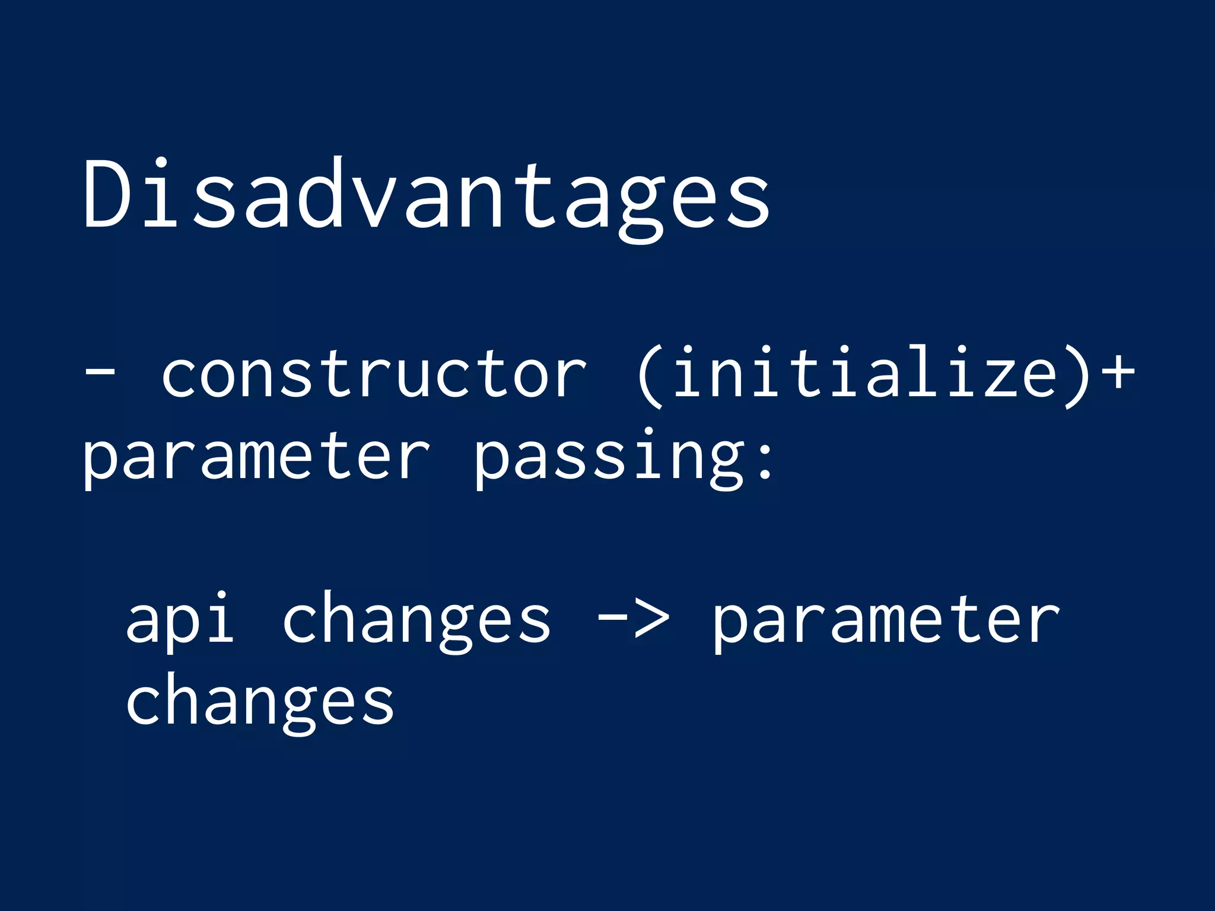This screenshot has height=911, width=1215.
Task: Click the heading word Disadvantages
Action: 427,196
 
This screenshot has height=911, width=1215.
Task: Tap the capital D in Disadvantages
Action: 106,193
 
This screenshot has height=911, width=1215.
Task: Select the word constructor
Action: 374,374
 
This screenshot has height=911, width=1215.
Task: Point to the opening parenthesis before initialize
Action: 650,377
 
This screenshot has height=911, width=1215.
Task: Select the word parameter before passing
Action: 255,457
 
